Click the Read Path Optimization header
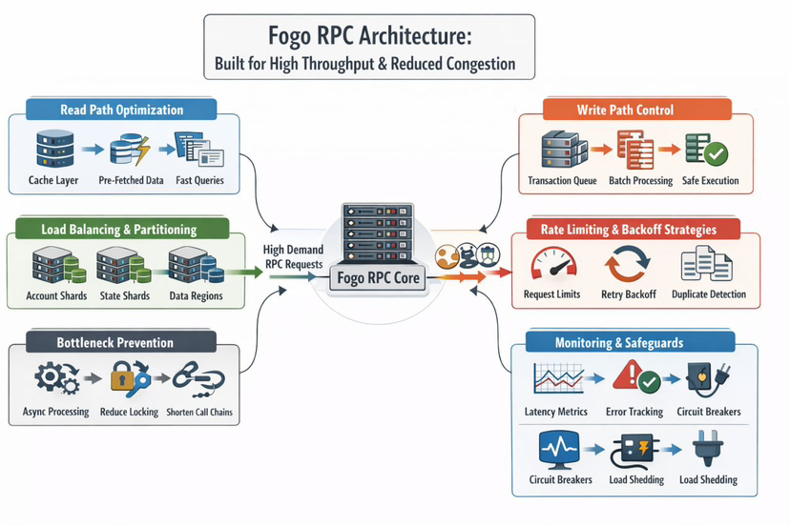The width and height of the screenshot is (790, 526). [122, 110]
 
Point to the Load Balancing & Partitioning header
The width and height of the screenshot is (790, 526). [119, 229]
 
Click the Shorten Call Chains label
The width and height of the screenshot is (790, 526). [200, 412]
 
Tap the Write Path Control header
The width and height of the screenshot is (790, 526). [625, 110]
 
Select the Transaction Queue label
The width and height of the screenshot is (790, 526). [562, 180]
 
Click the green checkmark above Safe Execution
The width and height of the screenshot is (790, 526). [715, 153]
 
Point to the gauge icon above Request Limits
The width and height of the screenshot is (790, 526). [551, 263]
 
